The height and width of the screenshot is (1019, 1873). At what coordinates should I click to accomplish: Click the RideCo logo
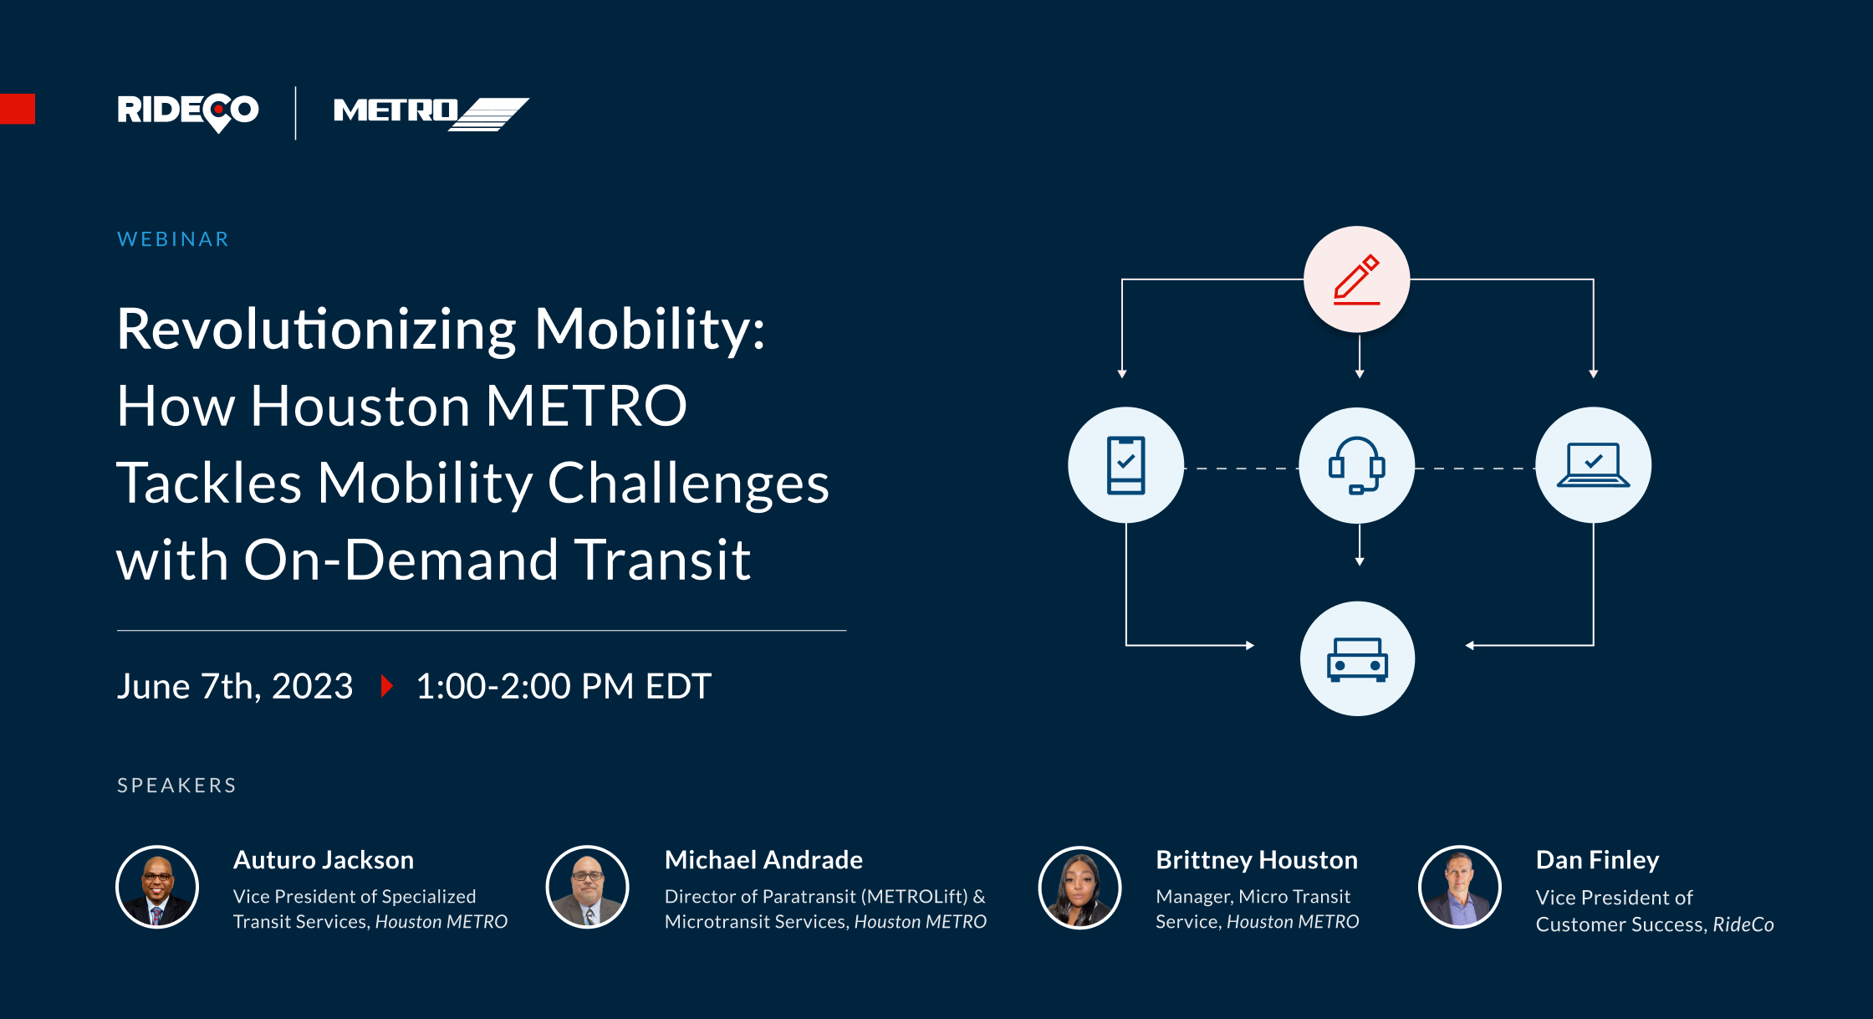pyautogui.click(x=188, y=111)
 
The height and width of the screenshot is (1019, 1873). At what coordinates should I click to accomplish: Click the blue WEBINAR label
pyautogui.click(x=173, y=239)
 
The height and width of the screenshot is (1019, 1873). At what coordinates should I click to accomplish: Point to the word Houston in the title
pyautogui.click(x=360, y=407)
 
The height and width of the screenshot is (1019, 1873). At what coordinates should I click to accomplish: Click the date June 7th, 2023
pyautogui.click(x=235, y=686)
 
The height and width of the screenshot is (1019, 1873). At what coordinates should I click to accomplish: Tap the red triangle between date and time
pyautogui.click(x=386, y=686)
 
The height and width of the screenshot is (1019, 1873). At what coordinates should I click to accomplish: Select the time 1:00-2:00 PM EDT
pyautogui.click(x=563, y=686)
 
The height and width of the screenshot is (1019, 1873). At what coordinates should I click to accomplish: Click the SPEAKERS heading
pyautogui.click(x=176, y=786)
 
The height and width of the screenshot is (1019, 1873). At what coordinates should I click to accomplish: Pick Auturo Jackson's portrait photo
pyautogui.click(x=157, y=887)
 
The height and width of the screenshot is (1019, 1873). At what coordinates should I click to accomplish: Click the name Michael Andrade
pyautogui.click(x=763, y=860)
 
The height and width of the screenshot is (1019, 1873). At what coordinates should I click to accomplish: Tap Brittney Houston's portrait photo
pyautogui.click(x=1079, y=888)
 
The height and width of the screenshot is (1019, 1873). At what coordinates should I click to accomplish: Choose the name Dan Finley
pyautogui.click(x=1597, y=860)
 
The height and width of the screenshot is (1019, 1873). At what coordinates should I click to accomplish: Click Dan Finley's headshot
pyautogui.click(x=1460, y=887)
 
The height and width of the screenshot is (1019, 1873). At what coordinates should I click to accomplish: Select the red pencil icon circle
pyautogui.click(x=1356, y=279)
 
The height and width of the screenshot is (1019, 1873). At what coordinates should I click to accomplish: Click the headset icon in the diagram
pyautogui.click(x=1356, y=465)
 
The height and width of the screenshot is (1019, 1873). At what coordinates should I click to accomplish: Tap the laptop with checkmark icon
pyautogui.click(x=1593, y=465)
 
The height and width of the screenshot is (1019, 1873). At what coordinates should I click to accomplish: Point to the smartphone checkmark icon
pyautogui.click(x=1125, y=465)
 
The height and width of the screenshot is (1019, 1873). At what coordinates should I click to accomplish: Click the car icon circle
pyautogui.click(x=1357, y=658)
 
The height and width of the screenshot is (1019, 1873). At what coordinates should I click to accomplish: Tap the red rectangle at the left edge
pyautogui.click(x=17, y=109)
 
